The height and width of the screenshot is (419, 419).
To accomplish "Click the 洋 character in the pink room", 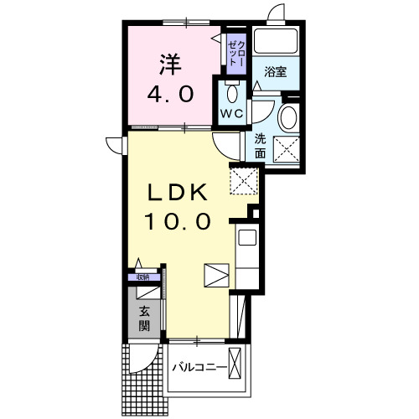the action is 170,65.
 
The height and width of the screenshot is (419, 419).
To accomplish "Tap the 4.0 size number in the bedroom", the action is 170,94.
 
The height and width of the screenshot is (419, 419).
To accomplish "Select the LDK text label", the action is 177,192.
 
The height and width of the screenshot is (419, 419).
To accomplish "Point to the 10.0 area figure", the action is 177,221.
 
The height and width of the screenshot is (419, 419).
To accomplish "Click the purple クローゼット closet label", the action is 236,53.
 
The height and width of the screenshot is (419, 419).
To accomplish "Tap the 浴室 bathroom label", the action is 276,72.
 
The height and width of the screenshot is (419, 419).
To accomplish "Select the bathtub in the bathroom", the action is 276,41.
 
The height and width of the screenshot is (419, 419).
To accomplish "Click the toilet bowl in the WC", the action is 232,93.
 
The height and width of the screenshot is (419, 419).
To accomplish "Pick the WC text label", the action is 232,113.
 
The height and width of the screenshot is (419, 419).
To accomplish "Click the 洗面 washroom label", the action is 260,146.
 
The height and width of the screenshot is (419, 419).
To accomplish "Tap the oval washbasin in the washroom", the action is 289,117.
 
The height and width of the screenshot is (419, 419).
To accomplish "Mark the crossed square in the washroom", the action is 287,149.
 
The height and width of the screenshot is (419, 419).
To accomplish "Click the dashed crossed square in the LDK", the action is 244,181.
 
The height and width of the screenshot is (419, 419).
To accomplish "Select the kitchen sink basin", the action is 247,237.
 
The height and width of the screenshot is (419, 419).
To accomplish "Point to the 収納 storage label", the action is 142,277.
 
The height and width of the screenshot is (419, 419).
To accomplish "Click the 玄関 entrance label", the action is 144,318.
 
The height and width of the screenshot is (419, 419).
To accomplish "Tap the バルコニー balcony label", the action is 199,367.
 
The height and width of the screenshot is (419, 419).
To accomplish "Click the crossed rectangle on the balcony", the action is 235,363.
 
